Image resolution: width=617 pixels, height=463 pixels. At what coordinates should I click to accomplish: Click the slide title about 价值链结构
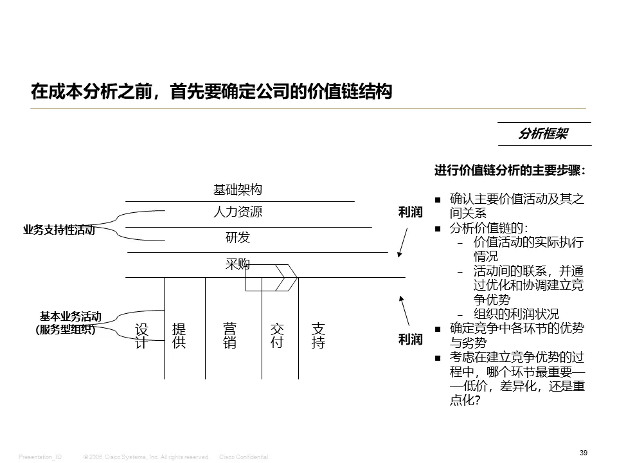211,92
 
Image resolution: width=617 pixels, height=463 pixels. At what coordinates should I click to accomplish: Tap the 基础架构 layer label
238,190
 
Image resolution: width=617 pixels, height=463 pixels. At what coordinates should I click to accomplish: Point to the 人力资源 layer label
238,212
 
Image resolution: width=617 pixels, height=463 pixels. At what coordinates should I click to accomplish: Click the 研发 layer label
238,237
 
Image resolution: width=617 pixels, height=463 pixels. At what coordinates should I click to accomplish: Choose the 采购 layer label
237,264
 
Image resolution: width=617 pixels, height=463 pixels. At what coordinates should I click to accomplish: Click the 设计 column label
141,336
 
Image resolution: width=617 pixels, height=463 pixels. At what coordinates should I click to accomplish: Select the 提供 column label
179,336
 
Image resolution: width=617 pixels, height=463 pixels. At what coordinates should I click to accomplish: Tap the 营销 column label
229,336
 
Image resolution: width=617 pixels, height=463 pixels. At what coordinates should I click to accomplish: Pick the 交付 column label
277,336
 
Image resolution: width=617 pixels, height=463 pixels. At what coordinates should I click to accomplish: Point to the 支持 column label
318,336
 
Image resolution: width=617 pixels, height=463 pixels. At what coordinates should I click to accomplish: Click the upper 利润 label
410,212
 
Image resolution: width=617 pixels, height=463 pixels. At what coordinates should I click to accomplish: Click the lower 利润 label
410,339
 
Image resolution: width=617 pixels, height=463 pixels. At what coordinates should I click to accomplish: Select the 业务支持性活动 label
58,230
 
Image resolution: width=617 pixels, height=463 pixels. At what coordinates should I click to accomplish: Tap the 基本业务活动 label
70,316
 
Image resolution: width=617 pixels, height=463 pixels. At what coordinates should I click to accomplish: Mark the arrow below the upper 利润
403,241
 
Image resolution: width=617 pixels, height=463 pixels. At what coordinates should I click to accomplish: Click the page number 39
584,453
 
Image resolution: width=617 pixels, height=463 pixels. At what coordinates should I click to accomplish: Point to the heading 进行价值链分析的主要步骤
510,170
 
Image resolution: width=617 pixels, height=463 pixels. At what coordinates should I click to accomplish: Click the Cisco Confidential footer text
244,457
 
